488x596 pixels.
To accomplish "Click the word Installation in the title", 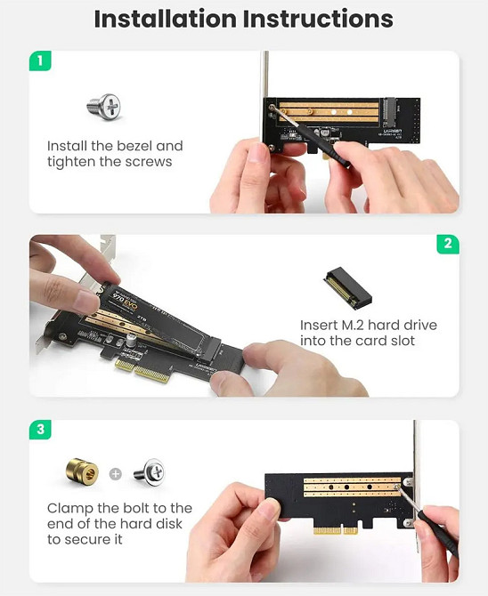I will (x=167, y=19).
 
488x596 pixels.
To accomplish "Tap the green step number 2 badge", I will (x=448, y=244).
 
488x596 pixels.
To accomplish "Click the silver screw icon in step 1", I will (x=103, y=108).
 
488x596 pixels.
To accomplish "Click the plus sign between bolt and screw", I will (x=115, y=473).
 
